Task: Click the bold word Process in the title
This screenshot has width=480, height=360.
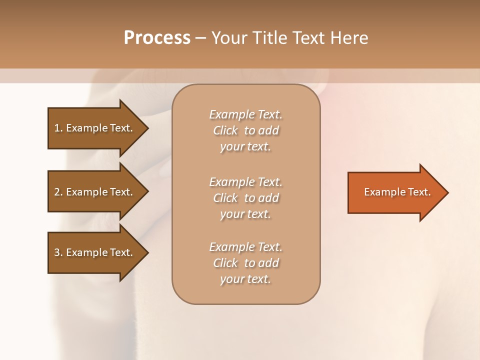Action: click(157, 38)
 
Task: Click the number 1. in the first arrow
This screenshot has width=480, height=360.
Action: click(58, 128)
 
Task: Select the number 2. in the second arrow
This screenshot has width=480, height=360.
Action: click(58, 192)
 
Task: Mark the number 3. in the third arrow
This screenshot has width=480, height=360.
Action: click(58, 252)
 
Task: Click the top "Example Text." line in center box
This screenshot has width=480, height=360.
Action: click(245, 114)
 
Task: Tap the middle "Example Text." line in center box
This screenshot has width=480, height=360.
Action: click(245, 182)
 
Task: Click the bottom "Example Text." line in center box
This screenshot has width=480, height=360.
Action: click(245, 247)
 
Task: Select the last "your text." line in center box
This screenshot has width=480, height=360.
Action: click(245, 279)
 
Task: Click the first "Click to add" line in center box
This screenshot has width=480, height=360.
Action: click(245, 131)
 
